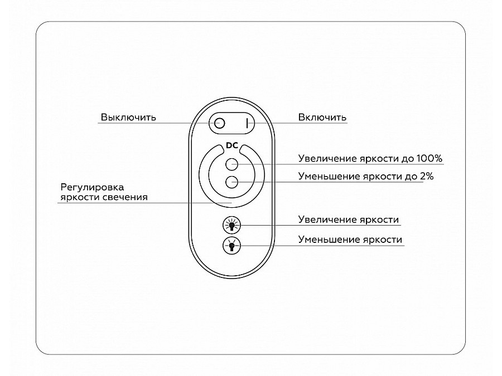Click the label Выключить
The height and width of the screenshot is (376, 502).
click(128, 118)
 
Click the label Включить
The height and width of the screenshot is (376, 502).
click(322, 118)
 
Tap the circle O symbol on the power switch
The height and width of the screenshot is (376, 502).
click(220, 123)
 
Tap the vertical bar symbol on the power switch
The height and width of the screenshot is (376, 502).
click(247, 123)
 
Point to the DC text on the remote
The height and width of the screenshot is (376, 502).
click(232, 145)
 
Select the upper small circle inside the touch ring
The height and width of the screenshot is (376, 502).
click(232, 164)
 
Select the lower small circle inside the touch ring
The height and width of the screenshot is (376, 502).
click(232, 182)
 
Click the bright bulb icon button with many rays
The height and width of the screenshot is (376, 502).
click(231, 225)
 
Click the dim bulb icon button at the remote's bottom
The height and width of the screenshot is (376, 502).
click(231, 246)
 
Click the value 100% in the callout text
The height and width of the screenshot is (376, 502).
click(429, 159)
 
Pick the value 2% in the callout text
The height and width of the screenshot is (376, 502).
click(427, 177)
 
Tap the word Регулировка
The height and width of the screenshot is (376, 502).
click(92, 187)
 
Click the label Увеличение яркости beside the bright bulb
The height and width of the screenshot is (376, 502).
click(348, 219)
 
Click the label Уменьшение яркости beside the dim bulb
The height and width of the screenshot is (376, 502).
click(350, 240)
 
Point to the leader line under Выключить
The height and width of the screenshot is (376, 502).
click(156, 123)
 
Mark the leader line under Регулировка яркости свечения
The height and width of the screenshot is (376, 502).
click(144, 203)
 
